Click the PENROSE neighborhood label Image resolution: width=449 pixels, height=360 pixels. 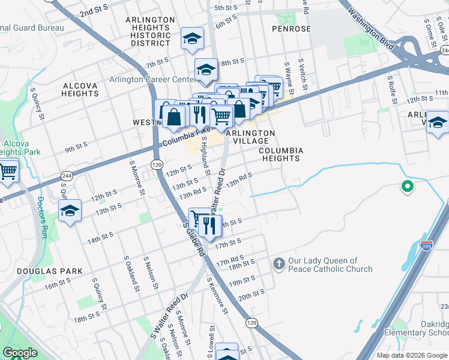291,29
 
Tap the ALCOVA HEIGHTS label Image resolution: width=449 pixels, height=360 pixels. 80,89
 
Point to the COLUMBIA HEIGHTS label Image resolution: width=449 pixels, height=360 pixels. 281,154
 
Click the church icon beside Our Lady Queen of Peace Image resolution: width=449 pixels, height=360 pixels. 279,263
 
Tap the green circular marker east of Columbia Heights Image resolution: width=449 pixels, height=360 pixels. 408,187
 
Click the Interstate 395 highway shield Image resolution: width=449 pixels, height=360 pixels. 426,246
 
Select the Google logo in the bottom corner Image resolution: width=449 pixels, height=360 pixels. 20,353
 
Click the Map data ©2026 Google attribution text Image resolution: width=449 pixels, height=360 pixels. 411,355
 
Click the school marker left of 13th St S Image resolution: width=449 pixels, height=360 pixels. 70,212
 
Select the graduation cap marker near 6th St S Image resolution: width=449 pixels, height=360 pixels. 192,39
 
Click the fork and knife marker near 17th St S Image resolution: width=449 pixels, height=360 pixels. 209,226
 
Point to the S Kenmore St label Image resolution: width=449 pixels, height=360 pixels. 217,295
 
